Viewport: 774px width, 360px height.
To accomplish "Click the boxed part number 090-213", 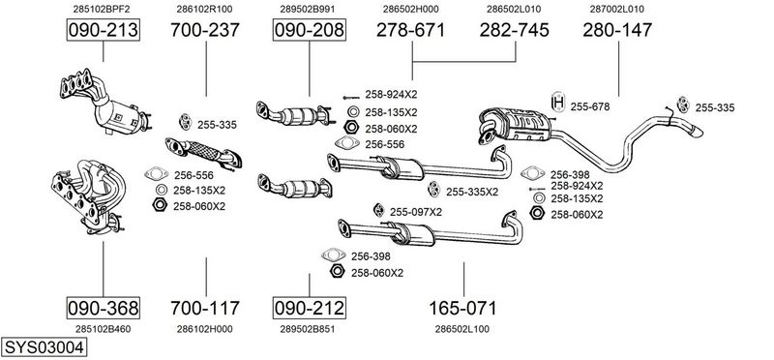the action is click(x=103, y=30).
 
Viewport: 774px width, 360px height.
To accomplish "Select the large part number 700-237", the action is click(x=205, y=30).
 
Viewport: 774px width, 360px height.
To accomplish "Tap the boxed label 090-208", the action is click(x=310, y=30).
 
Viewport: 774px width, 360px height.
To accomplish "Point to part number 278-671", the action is click(x=410, y=30).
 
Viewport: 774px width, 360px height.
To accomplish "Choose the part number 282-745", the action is click(x=515, y=30).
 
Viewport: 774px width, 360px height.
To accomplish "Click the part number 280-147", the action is click(x=617, y=30).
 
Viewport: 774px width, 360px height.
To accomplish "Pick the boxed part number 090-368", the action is click(x=103, y=308).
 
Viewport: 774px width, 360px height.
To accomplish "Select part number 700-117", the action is click(x=205, y=308).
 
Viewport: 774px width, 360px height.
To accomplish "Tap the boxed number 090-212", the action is click(x=310, y=308).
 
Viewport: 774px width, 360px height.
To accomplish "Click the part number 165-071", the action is click(x=462, y=308).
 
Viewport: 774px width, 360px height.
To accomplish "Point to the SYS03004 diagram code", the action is click(x=44, y=347).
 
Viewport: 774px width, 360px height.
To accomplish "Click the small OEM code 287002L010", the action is click(x=617, y=9).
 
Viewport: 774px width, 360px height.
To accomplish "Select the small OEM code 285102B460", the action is click(x=103, y=329).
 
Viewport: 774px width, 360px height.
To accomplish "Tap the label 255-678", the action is click(x=590, y=106).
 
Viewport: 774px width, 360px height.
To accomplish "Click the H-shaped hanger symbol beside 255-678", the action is click(x=558, y=103).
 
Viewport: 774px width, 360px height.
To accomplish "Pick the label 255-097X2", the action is click(x=416, y=212).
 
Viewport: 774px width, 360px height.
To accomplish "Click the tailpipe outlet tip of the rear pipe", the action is click(x=697, y=133).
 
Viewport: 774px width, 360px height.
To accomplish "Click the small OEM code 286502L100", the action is click(x=462, y=329).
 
